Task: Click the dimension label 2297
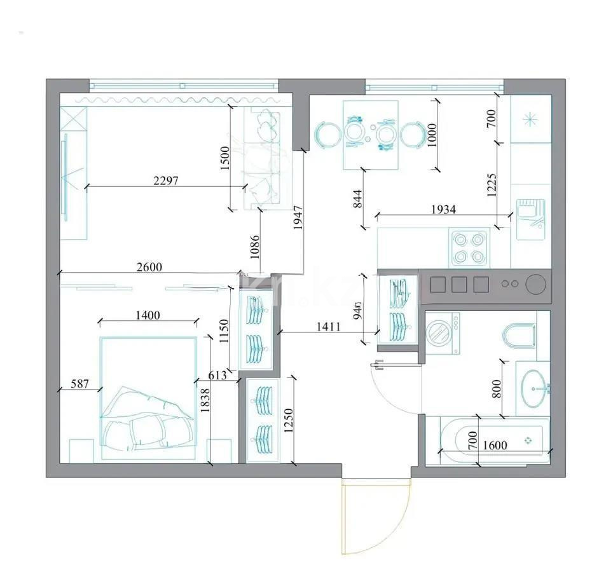click(x=166, y=180)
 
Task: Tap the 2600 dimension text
click(x=149, y=268)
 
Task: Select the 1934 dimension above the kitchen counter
click(x=443, y=208)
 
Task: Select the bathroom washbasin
click(x=533, y=388)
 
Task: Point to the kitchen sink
click(x=530, y=219)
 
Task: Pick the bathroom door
click(x=394, y=388)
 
